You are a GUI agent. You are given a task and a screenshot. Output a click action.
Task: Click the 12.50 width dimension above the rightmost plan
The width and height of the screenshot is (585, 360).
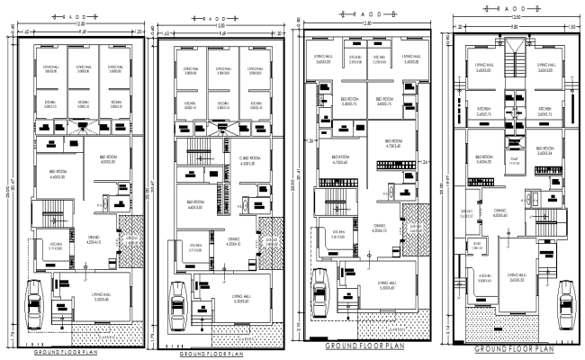[517, 17]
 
